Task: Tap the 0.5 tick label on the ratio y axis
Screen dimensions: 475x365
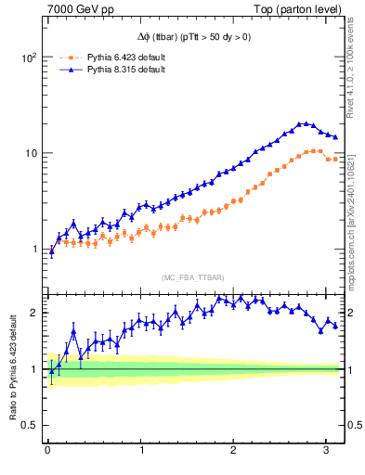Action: coord(29,426)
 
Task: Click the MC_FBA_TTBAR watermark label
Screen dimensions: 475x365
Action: coord(193,277)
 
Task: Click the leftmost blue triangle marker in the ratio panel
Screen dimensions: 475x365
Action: coord(51,371)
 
